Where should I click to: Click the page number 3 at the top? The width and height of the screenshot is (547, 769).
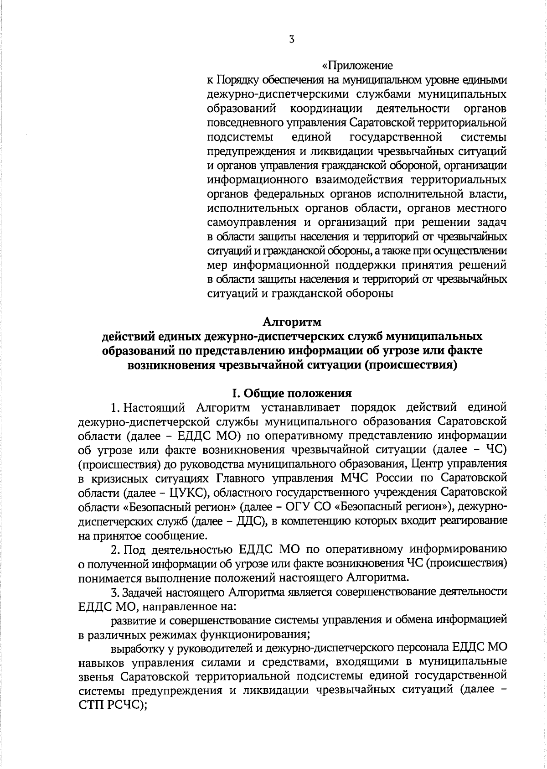tap(292, 40)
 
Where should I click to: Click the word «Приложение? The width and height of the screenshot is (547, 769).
tap(357, 66)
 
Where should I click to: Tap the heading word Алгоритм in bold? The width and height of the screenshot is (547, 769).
tap(292, 322)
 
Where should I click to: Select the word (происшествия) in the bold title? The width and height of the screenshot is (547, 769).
tap(410, 365)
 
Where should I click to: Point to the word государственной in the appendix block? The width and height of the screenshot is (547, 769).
tap(396, 137)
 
